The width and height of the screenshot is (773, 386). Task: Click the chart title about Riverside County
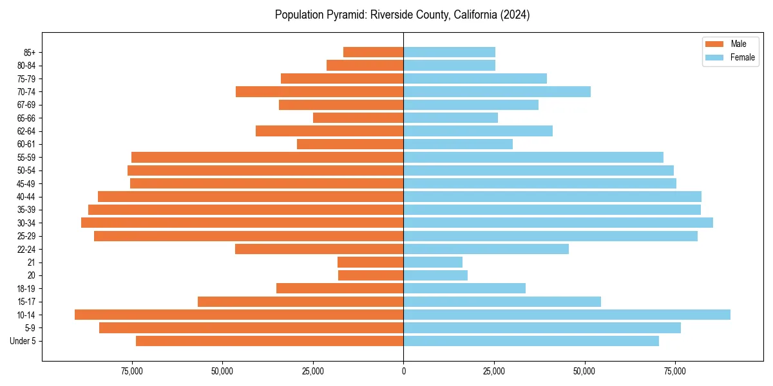tap(402, 15)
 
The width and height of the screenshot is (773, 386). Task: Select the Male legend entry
tap(738, 44)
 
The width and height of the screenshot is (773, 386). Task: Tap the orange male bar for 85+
tap(374, 52)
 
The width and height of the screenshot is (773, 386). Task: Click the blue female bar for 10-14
tap(567, 315)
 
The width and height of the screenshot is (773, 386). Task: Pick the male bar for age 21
tap(370, 262)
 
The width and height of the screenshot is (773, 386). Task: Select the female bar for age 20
tap(435, 275)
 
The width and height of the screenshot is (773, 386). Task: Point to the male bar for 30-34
tap(242, 223)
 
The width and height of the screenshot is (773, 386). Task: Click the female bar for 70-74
tap(497, 91)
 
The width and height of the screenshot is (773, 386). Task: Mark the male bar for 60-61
tap(350, 144)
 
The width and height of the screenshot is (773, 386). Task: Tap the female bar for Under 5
tap(531, 341)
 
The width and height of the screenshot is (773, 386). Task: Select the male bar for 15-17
tap(301, 302)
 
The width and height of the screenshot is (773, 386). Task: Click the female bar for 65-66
tap(450, 118)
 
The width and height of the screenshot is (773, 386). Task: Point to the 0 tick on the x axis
tap(403, 371)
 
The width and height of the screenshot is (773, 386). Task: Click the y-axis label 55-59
tap(26, 158)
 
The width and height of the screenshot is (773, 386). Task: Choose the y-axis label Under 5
tap(23, 341)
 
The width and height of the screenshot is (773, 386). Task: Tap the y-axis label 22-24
tap(26, 250)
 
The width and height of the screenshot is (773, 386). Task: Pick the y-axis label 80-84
tap(26, 66)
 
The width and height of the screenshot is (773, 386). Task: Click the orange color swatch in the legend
tap(714, 44)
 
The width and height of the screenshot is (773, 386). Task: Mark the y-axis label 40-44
tap(26, 197)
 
